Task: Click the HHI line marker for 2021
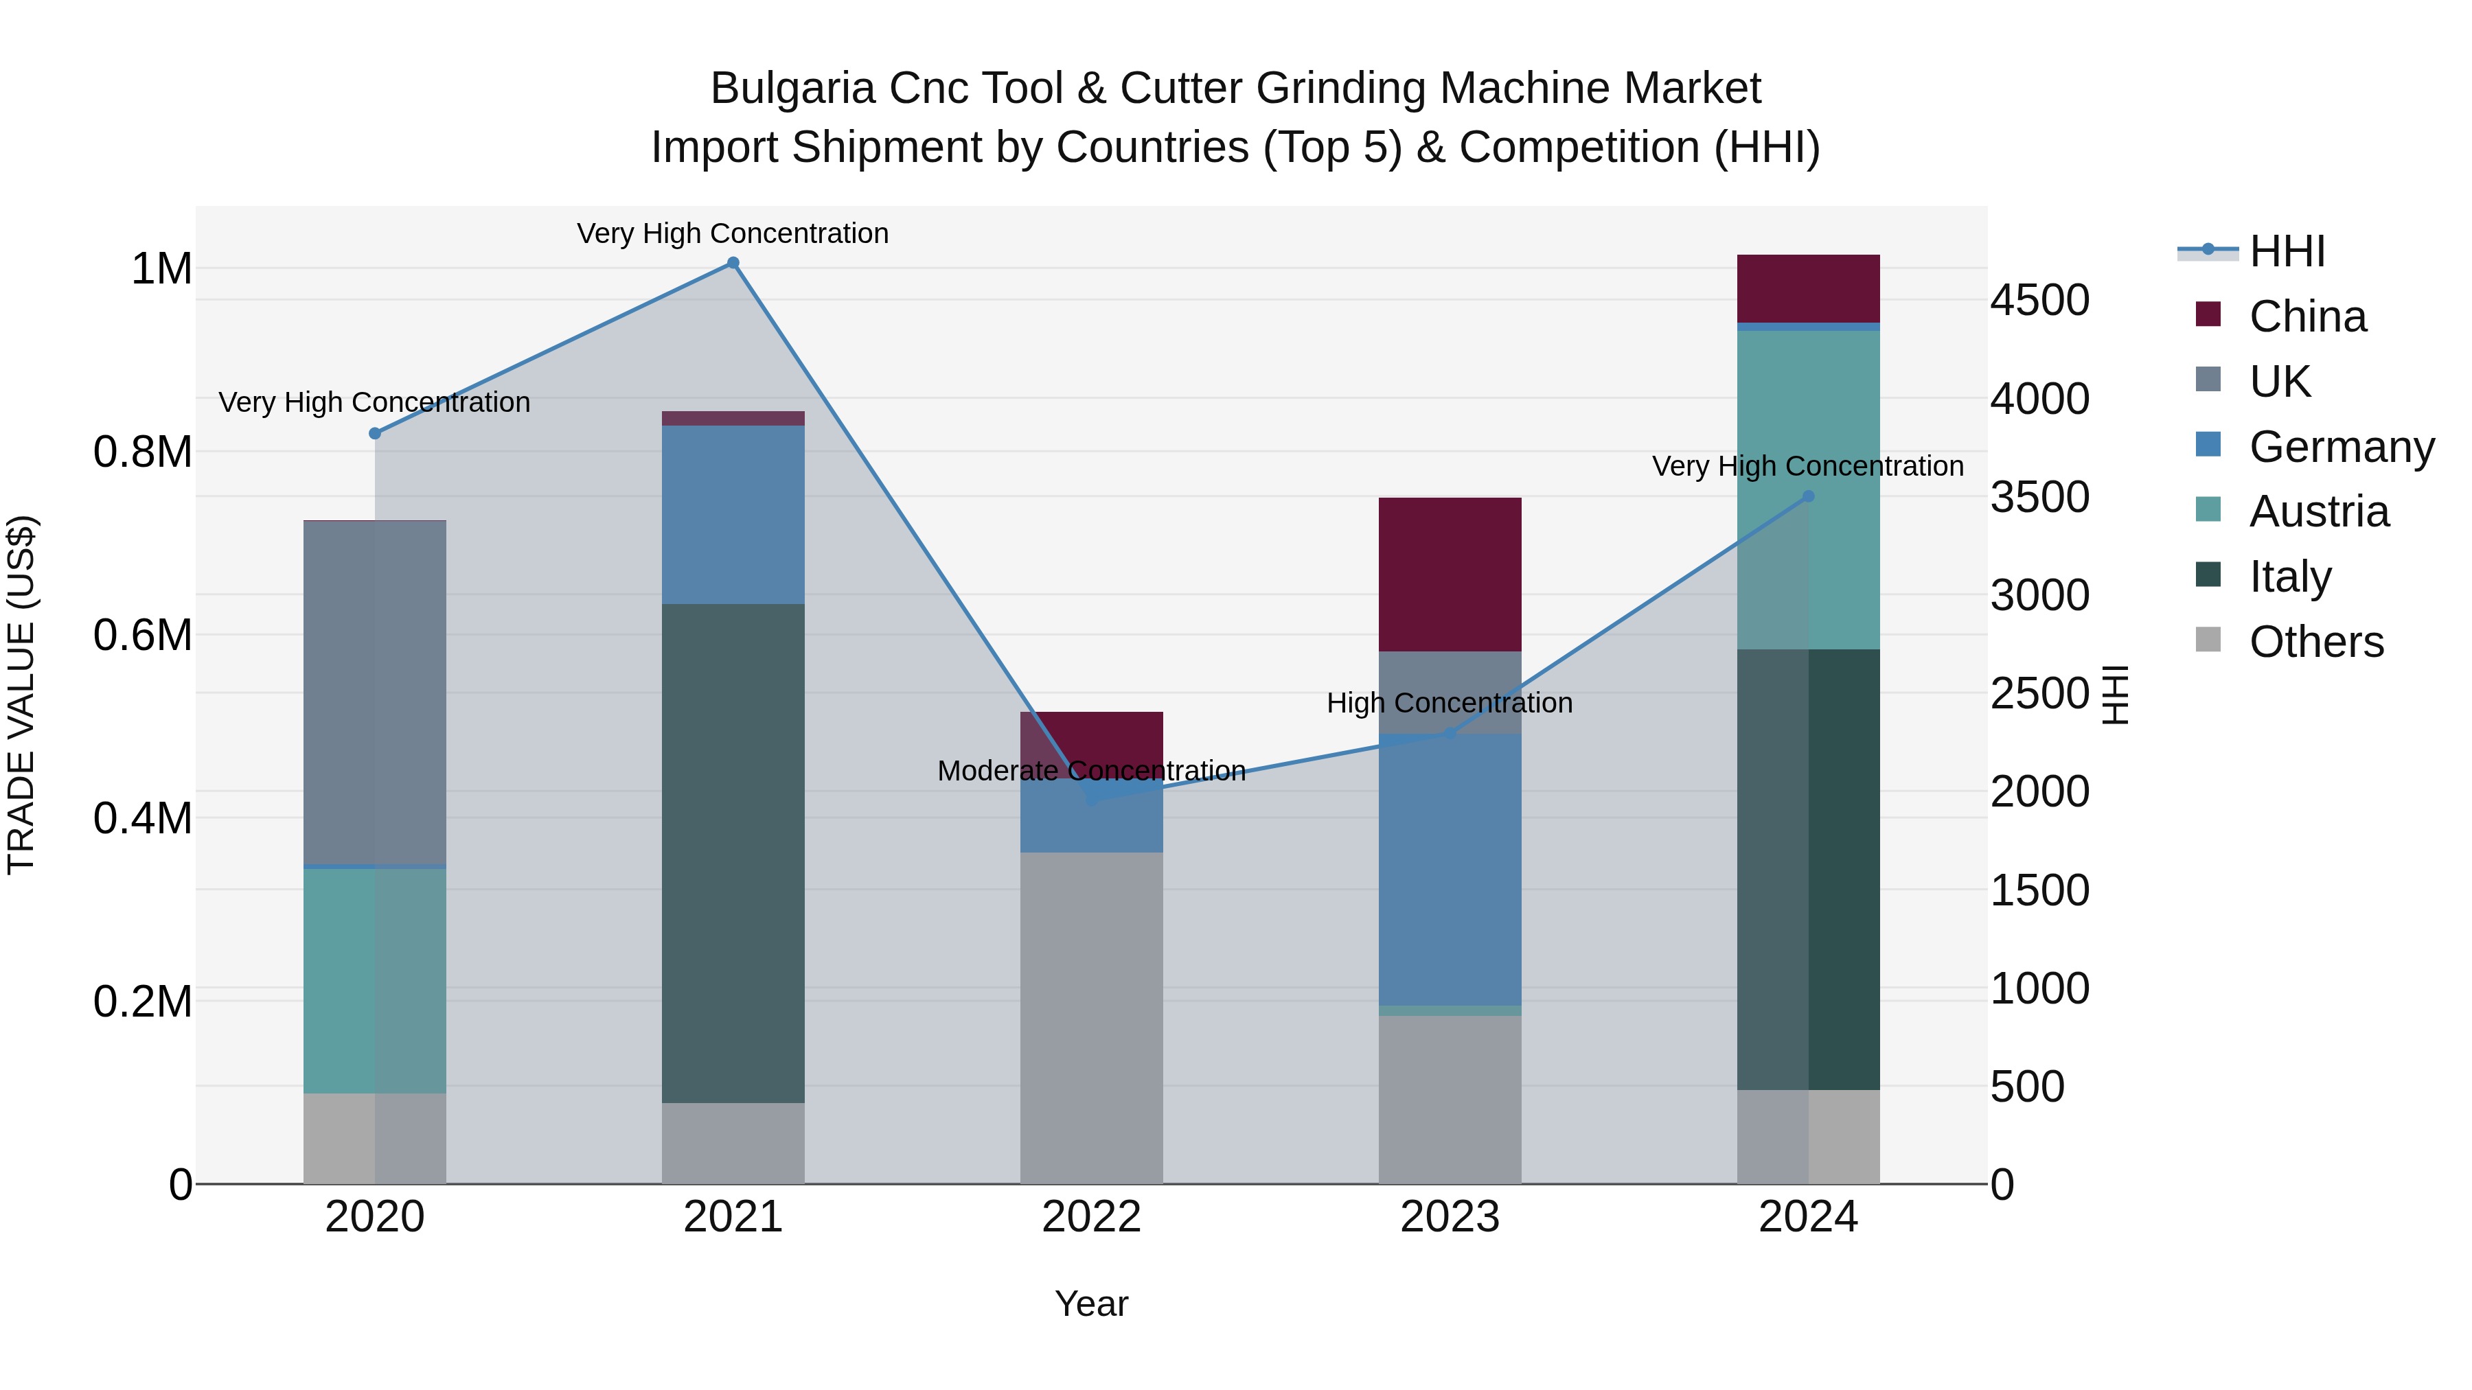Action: pyautogui.click(x=733, y=263)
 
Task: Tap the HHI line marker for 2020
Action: pyautogui.click(x=375, y=434)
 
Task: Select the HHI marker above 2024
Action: pyautogui.click(x=1808, y=496)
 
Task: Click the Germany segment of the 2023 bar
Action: pyautogui.click(x=1450, y=869)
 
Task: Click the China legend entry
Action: pyautogui.click(x=2307, y=316)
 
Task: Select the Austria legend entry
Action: pyautogui.click(x=2318, y=511)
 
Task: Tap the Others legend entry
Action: pyautogui.click(x=2315, y=642)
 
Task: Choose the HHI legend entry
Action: pyautogui.click(x=2286, y=251)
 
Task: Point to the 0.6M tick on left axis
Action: pyautogui.click(x=143, y=635)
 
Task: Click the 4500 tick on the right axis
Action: pyautogui.click(x=2039, y=300)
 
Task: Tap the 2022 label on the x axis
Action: pyautogui.click(x=1091, y=1217)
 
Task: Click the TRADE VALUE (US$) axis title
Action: pyautogui.click(x=21, y=695)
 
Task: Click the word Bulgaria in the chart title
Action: pyautogui.click(x=792, y=89)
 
